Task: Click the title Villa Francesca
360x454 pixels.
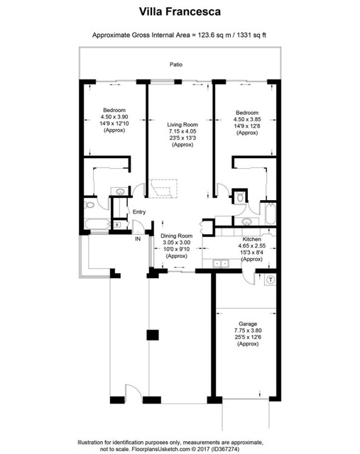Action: pos(180,12)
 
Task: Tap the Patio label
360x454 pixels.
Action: pos(175,65)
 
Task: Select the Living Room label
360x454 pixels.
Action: pos(180,125)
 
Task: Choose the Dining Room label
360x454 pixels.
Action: pos(176,236)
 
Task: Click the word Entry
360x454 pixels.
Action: pos(139,211)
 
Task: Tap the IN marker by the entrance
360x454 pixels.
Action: pos(138,238)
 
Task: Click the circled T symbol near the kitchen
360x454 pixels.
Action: pos(270,279)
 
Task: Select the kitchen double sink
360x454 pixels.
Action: pos(220,264)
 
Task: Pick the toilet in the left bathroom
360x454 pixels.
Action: pos(89,205)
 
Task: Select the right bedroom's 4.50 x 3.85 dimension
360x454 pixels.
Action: pos(246,118)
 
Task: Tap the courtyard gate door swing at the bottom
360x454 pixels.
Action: pos(132,392)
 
